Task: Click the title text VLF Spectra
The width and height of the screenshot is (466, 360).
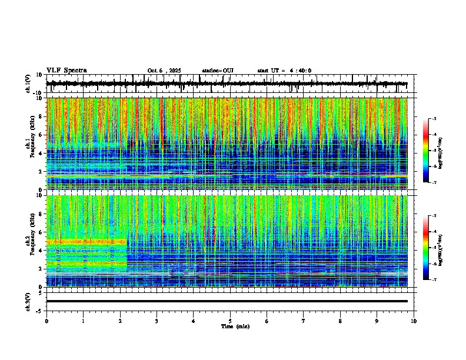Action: [x=65, y=71]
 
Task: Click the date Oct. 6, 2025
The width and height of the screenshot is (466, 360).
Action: [x=164, y=71]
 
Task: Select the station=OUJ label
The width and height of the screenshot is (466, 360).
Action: [x=218, y=71]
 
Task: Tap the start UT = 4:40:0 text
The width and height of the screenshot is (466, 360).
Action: [x=284, y=71]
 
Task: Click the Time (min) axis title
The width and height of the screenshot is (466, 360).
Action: [x=235, y=326]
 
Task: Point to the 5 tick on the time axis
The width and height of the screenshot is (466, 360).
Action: [x=230, y=321]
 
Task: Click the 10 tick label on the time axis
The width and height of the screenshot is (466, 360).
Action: [x=414, y=321]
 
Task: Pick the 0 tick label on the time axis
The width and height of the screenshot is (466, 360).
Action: [x=46, y=321]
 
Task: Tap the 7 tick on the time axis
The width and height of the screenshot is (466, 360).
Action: [x=304, y=321]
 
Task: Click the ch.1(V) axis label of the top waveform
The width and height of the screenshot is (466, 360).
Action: [x=29, y=84]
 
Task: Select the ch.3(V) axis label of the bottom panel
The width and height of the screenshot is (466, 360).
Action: [x=29, y=301]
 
